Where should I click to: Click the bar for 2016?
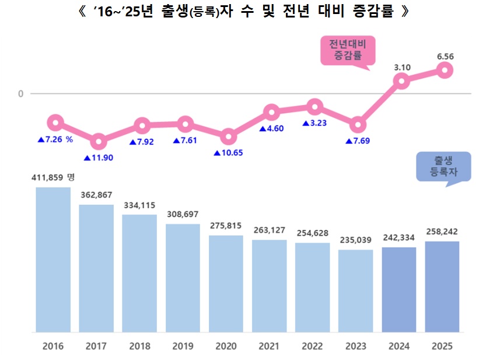[53, 260]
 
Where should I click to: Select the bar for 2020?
[226, 284]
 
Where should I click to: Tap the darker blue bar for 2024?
[398, 289]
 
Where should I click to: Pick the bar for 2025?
[442, 286]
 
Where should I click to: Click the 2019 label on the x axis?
[183, 346]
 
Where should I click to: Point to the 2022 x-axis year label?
[312, 346]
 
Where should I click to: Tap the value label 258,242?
[442, 232]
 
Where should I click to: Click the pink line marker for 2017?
[99, 141]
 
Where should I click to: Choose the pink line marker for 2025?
[445, 70]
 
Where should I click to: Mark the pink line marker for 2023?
[358, 124]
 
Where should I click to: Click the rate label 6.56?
[445, 56]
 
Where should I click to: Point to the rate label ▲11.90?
[99, 158]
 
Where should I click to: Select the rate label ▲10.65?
[228, 153]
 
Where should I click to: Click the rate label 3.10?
[402, 68]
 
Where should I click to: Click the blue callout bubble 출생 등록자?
[443, 166]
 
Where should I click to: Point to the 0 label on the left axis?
[20, 93]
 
